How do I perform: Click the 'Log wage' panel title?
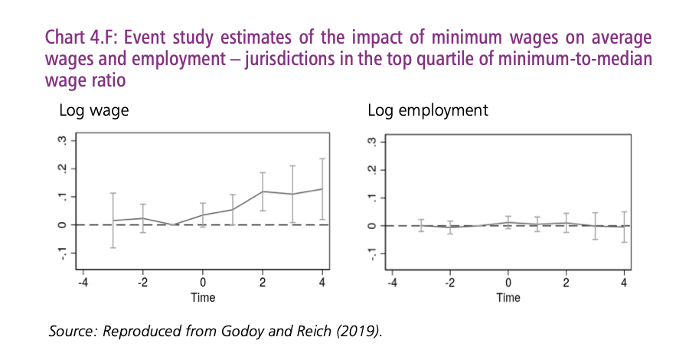pyautogui.click(x=93, y=110)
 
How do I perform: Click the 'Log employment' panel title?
pyautogui.click(x=427, y=110)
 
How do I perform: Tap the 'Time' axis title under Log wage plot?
pyautogui.click(x=202, y=297)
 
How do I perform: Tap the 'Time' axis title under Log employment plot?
pyautogui.click(x=508, y=297)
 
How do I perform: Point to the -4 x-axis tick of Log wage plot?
pyautogui.click(x=83, y=283)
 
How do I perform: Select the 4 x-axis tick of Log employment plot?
pyautogui.click(x=625, y=283)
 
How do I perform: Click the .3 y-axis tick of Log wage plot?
pyautogui.click(x=64, y=141)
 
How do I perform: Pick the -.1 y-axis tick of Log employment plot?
pyautogui.click(x=372, y=254)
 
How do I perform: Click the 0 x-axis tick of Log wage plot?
pyautogui.click(x=203, y=283)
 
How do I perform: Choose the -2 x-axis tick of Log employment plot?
pyautogui.click(x=449, y=283)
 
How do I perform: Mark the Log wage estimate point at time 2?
pyautogui.click(x=263, y=191)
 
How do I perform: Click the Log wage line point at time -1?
pyautogui.click(x=173, y=224)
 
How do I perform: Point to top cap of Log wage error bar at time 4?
pyautogui.click(x=322, y=159)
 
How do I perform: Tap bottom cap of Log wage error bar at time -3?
pyautogui.click(x=113, y=247)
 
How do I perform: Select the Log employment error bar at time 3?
pyautogui.click(x=595, y=226)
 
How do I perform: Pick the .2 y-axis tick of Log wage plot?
pyautogui.click(x=64, y=169)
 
